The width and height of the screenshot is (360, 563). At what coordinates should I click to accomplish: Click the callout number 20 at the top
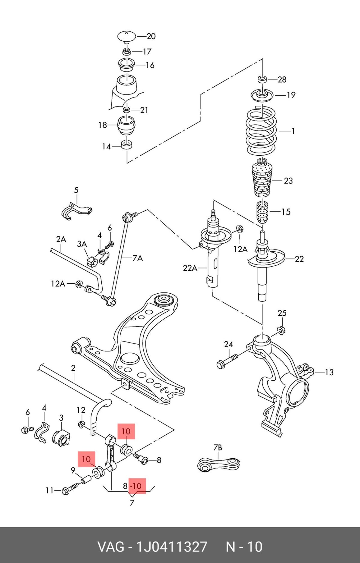tap(151, 36)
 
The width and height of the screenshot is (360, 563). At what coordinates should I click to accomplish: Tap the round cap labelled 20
tap(127, 36)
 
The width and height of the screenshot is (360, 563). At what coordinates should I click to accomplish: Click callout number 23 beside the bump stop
tap(288, 181)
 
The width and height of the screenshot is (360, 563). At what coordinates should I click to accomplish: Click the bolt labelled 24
tap(227, 361)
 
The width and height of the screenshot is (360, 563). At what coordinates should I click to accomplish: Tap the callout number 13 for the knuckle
tap(329, 372)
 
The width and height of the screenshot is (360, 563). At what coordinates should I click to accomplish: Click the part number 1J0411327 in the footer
tap(172, 547)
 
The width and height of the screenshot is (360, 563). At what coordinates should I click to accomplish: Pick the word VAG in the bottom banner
tap(111, 547)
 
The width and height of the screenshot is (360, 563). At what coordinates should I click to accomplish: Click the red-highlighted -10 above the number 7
tap(137, 486)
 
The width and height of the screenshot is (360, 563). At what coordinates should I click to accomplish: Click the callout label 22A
tap(190, 268)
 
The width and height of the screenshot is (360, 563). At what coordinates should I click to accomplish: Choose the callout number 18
tap(103, 125)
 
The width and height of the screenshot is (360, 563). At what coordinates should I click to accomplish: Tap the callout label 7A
tap(137, 258)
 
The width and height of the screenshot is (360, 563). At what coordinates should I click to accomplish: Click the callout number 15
tap(286, 212)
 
